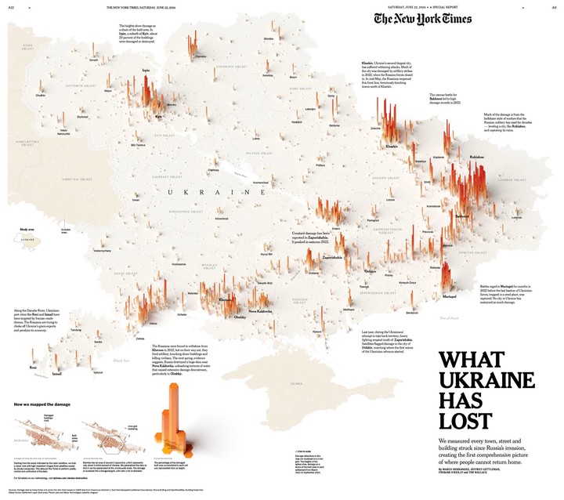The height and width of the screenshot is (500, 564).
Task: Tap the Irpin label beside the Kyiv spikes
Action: coord(146,71)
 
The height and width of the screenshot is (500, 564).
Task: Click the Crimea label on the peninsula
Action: coord(296,383)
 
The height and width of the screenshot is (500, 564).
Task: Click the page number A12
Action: coord(11,7)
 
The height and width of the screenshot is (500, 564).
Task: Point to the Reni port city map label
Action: coord(32,367)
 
